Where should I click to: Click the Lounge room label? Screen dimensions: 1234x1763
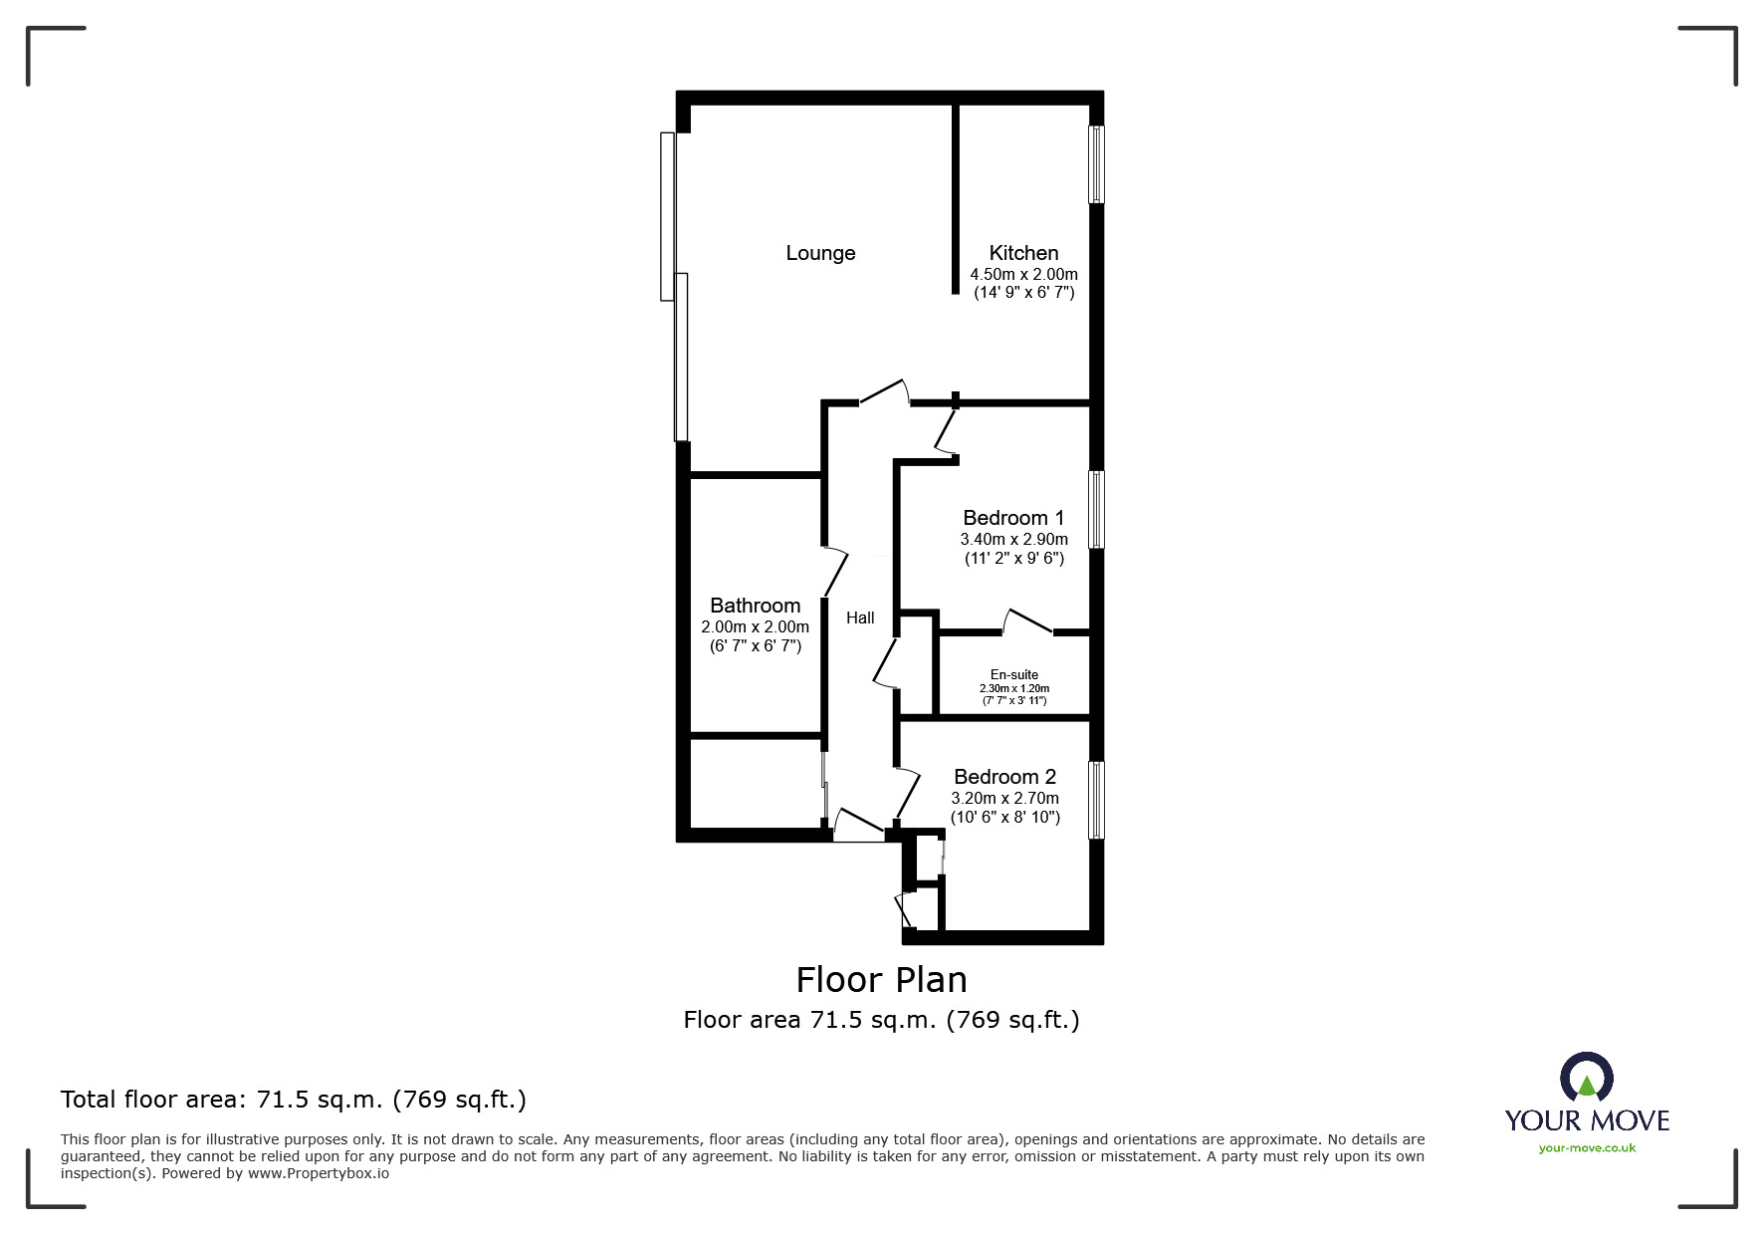click(x=820, y=253)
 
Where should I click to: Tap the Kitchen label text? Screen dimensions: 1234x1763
click(x=1023, y=253)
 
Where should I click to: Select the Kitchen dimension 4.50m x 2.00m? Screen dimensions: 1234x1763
click(x=1023, y=274)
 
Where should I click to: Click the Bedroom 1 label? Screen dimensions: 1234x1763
click(x=1013, y=518)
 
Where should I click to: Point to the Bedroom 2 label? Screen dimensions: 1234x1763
click(x=1004, y=777)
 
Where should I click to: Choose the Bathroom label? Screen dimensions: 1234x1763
click(x=755, y=606)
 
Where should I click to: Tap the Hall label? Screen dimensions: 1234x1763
click(x=860, y=618)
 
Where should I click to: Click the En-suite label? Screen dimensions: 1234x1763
click(x=1014, y=674)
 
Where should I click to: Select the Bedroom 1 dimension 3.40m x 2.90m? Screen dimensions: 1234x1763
click(x=1013, y=539)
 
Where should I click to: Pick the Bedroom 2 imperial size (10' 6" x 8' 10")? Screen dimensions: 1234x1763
click(x=1004, y=818)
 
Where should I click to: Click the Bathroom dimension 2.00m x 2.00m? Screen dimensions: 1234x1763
click(x=755, y=627)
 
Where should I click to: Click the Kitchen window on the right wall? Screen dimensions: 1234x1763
click(x=1096, y=164)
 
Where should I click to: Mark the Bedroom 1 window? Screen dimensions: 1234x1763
click(x=1096, y=509)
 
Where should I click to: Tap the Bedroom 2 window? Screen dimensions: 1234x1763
click(x=1096, y=800)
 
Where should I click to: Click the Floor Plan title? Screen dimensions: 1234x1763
click(x=881, y=980)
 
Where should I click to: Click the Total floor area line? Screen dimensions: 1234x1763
click(x=294, y=1100)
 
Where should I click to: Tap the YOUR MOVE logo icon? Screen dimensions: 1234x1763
click(x=1586, y=1078)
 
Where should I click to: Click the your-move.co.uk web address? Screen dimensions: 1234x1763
click(x=1587, y=1148)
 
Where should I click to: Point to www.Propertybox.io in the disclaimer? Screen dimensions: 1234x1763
click(x=319, y=1173)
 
